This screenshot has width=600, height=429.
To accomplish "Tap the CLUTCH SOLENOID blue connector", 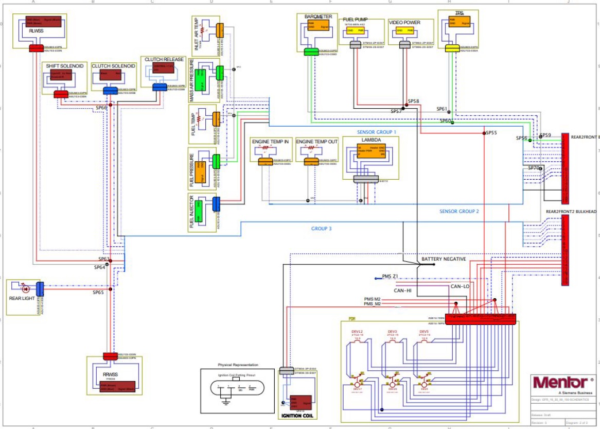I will (110, 91).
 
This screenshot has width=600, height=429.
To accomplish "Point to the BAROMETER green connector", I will (312, 52).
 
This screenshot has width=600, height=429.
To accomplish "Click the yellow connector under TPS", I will (452, 48).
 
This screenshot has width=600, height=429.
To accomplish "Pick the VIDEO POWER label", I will (404, 23).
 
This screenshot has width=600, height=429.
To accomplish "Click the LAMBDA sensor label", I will (370, 140).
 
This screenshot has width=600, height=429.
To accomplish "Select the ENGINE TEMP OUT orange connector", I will (310, 162).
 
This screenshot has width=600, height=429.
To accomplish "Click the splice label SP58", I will (413, 101).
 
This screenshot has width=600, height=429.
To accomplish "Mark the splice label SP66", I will (101, 108).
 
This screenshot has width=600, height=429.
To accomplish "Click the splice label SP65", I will (98, 293).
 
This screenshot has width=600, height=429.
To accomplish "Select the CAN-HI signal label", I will (403, 290).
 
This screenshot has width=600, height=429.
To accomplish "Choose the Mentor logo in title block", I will (560, 383).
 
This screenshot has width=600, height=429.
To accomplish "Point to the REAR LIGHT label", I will (22, 298).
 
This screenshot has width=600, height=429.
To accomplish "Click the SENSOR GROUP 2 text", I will (459, 211).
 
